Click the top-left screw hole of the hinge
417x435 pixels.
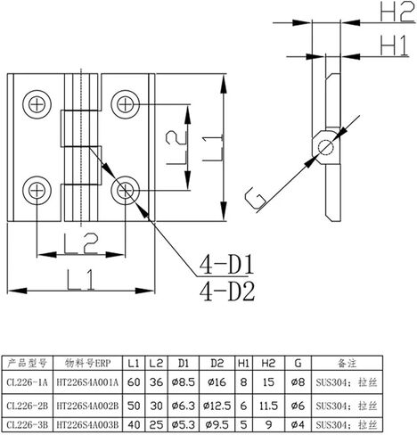point(37,104)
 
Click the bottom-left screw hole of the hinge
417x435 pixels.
point(37,191)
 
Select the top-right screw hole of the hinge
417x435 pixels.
point(125,104)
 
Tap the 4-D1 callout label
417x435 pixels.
point(226,265)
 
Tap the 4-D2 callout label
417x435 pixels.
point(227,291)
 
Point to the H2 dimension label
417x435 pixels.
point(397,12)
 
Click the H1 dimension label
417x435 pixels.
point(394,45)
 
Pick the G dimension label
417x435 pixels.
point(255,198)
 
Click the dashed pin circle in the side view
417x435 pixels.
point(325,148)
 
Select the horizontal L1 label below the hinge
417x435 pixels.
point(80,279)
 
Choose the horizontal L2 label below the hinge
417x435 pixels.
point(81,244)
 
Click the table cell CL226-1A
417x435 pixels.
point(27,382)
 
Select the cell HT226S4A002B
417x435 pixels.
point(87,406)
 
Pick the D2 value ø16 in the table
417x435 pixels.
point(217,382)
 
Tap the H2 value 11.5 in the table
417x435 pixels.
point(268,406)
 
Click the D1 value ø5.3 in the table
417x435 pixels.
point(184,425)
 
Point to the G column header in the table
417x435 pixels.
point(298,363)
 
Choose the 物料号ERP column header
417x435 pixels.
point(87,363)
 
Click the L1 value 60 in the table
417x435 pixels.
point(134,382)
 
